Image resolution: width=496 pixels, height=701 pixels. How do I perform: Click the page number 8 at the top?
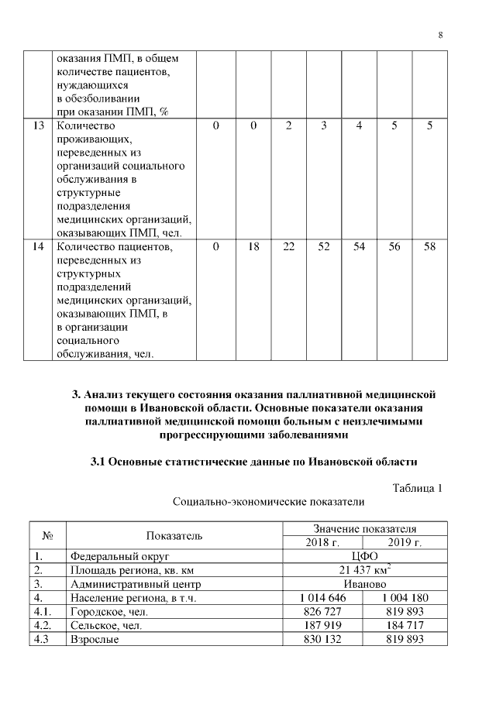(440, 35)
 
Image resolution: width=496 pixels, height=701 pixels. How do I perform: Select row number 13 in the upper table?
(37, 126)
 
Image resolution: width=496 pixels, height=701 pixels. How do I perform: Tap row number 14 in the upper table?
(37, 247)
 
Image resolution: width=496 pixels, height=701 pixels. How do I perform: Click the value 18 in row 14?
(253, 247)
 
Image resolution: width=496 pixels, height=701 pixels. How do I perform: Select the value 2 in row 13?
(288, 126)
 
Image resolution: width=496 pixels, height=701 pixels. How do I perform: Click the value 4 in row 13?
(359, 126)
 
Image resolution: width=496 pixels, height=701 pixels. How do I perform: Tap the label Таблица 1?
(417, 487)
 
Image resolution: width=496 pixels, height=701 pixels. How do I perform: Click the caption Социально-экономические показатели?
(268, 502)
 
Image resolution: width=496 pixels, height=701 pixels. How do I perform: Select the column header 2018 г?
(322, 542)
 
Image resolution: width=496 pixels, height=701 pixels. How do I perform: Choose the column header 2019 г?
(405, 542)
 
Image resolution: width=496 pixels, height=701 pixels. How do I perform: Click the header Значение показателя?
(364, 528)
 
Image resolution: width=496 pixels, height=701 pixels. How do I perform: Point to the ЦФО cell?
(364, 556)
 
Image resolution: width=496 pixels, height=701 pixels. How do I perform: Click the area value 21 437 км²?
(364, 570)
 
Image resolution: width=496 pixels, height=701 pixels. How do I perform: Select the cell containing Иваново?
(364, 584)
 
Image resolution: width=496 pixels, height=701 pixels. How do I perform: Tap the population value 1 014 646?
(322, 598)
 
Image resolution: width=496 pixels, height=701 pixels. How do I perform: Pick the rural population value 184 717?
(405, 626)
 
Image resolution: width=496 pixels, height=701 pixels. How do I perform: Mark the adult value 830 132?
(322, 640)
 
